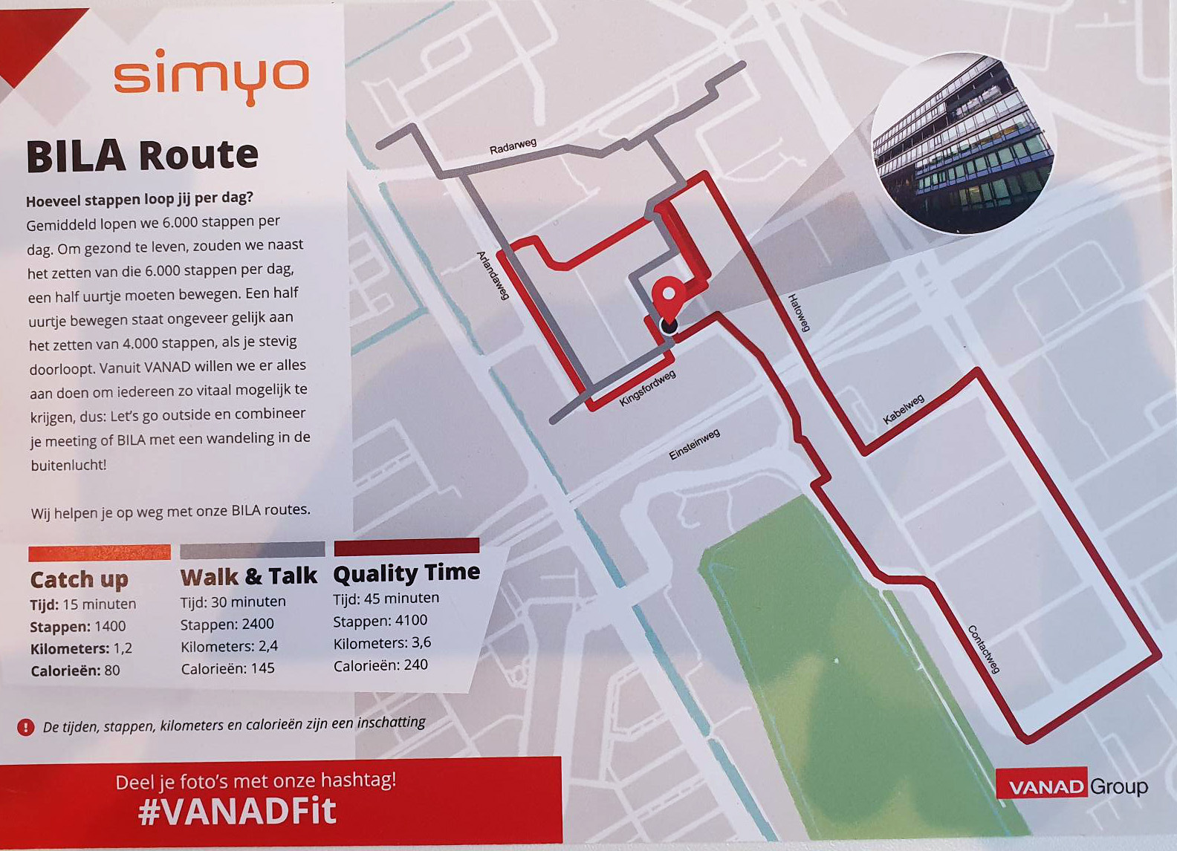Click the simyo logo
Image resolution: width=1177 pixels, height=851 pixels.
[211, 76]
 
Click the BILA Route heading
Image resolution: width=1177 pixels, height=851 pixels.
[142, 156]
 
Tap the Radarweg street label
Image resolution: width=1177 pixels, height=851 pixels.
[513, 146]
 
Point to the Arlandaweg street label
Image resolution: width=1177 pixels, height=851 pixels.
[493, 275]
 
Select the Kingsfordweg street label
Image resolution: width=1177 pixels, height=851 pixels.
[647, 388]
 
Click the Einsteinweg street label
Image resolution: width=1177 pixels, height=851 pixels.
[694, 444]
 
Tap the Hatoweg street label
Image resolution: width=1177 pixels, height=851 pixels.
[799, 312]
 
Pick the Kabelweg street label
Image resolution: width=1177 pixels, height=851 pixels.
[903, 409]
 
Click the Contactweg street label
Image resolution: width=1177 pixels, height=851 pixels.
[983, 649]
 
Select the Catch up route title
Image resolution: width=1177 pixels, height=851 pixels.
[79, 579]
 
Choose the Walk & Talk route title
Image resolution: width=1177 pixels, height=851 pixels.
[248, 576]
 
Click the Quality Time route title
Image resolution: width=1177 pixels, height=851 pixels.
[406, 573]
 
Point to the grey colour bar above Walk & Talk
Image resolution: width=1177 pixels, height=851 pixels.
[252, 550]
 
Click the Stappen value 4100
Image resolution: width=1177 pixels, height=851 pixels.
[411, 620]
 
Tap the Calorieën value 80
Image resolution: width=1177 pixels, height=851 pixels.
[111, 671]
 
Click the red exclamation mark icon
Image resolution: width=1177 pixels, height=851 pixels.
[25, 727]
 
